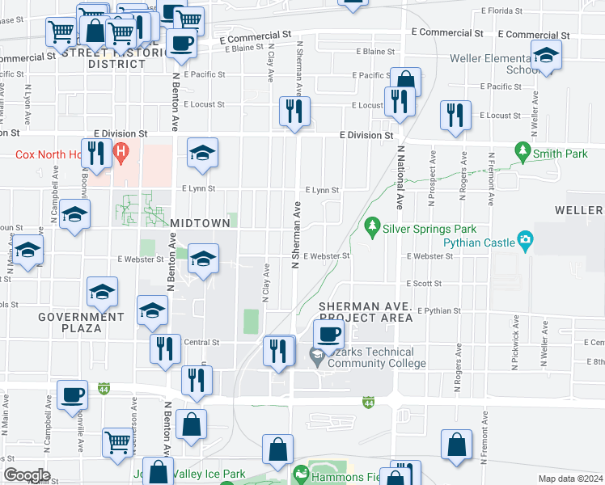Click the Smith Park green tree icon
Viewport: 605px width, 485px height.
523,151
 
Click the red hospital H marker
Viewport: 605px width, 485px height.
121,151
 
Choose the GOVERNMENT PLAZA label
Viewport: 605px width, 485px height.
81,323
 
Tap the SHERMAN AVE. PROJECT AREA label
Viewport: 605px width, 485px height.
366,313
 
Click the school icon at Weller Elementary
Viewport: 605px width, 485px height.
547,55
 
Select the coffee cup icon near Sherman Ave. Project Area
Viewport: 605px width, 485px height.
328,334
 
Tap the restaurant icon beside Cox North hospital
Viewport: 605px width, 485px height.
96,152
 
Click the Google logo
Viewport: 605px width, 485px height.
26,474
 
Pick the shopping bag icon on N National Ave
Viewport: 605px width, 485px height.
406,81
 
